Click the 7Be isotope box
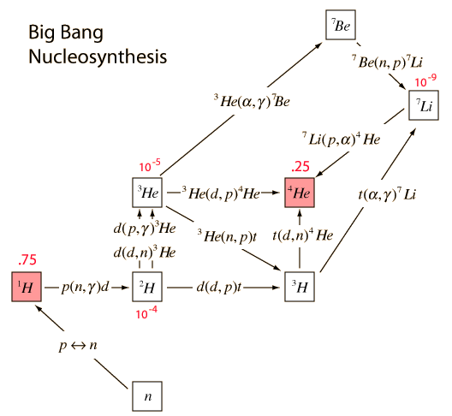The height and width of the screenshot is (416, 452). [341, 25]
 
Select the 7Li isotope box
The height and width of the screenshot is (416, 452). [424, 105]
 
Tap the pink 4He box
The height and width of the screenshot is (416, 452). [300, 193]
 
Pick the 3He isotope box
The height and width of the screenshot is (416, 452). [147, 193]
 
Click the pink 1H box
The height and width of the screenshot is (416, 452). [27, 287]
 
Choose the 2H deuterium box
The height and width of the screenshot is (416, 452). [147, 287]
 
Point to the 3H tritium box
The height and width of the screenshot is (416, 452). [300, 287]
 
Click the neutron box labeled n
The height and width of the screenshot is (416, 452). [147, 396]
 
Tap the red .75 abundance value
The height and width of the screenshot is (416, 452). [27, 259]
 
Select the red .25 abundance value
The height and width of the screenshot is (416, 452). [300, 167]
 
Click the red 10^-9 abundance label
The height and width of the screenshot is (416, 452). [425, 80]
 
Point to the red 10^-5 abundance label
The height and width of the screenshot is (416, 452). [150, 165]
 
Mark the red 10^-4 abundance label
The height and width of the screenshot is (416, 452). [146, 312]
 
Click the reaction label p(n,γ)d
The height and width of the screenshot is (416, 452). [86, 288]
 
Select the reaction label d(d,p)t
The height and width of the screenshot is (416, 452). [219, 288]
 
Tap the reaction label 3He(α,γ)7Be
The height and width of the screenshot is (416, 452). [252, 101]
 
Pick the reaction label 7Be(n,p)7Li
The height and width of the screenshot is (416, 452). [387, 62]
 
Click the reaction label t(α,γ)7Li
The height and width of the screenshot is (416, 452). [387, 194]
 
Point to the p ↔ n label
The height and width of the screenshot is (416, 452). [78, 345]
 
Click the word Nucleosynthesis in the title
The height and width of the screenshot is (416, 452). [98, 56]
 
